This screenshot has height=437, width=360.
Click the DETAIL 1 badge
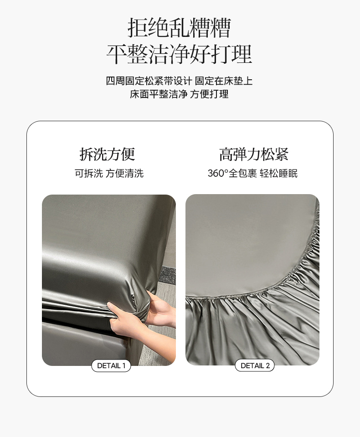[x=111, y=365]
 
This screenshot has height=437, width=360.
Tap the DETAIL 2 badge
[x=255, y=365]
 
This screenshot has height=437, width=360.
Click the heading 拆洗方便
[x=107, y=154]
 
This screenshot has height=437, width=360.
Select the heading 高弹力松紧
[x=253, y=154]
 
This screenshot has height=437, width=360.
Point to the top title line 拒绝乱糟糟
[x=180, y=28]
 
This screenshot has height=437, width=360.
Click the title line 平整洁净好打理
[x=180, y=54]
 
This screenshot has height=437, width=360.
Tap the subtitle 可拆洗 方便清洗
[x=109, y=173]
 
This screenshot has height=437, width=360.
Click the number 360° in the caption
[x=218, y=173]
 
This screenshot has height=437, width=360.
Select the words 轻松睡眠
[x=278, y=173]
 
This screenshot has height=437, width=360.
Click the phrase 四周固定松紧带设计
[x=149, y=81]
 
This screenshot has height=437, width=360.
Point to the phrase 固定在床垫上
[x=224, y=81]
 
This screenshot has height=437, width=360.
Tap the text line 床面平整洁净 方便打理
[x=180, y=94]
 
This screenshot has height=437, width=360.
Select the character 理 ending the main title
[x=242, y=54]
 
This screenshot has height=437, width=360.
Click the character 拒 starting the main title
[x=138, y=28]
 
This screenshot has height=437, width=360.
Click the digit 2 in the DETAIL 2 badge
[x=268, y=365]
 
